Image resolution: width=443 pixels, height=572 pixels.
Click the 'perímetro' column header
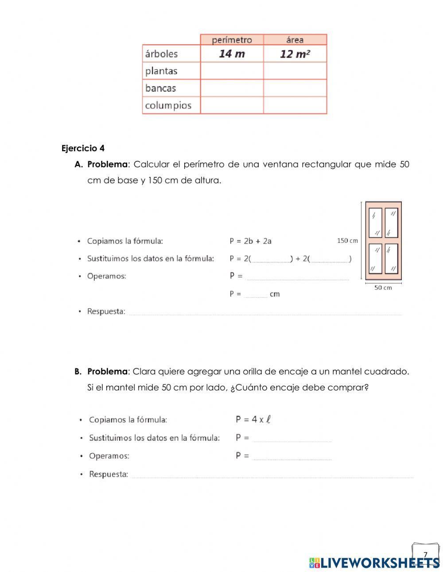pos(232,40)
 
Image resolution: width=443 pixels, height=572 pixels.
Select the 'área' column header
pos(295,40)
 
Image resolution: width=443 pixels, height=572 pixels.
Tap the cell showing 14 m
pos(232,54)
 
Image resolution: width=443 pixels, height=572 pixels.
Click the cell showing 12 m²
pos(295,54)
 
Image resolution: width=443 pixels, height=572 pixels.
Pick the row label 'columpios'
pos(168,105)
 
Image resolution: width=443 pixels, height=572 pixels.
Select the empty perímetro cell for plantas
pos(232,71)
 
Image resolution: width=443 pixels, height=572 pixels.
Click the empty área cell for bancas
pos(295,88)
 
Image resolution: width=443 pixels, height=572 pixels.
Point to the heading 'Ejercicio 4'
pos(83,148)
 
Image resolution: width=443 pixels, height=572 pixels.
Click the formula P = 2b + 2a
pos(250,241)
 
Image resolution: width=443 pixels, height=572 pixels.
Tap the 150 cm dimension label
pos(347,241)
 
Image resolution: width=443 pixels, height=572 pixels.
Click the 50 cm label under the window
pos(383,288)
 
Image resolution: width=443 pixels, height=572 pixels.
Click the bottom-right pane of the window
pos(391,259)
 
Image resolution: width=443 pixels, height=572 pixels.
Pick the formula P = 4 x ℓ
pos(253,420)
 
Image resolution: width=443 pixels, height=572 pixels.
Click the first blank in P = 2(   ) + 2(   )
pos(271,259)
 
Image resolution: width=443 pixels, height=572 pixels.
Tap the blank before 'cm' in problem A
pos(256,294)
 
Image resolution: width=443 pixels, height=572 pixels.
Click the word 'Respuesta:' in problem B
pos(109,474)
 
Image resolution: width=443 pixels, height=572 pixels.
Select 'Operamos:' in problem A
pos(106,276)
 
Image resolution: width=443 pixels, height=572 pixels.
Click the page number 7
pos(425,555)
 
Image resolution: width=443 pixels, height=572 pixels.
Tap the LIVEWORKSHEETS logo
pos(374,563)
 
